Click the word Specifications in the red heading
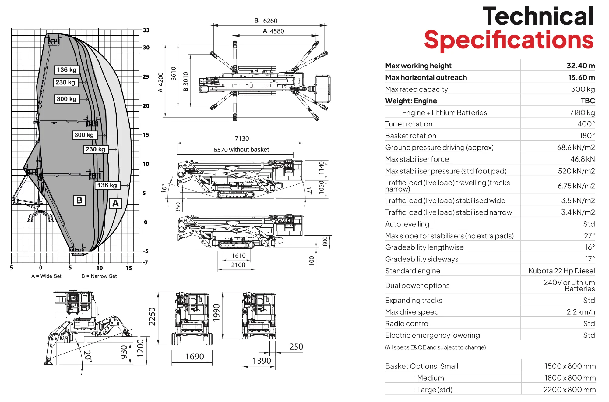(509, 40)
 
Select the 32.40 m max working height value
(580, 66)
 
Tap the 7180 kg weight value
(582, 113)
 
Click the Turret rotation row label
(409, 124)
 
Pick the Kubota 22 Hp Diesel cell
(561, 271)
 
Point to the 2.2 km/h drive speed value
(580, 312)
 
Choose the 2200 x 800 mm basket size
(569, 390)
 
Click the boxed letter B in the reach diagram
(79, 200)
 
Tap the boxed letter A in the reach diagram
(115, 203)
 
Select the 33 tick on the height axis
(146, 30)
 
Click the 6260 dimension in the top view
(270, 21)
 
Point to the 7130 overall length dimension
(242, 138)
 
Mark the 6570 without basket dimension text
(241, 150)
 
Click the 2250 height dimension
(152, 316)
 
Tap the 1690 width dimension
(195, 357)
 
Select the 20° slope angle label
(88, 356)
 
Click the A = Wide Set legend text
(46, 276)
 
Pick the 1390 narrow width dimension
(262, 361)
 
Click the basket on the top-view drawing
(322, 89)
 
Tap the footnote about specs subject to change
(435, 347)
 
